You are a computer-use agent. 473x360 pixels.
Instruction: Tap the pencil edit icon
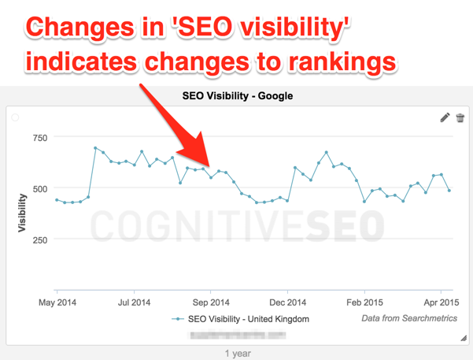pyautogui.click(x=445, y=117)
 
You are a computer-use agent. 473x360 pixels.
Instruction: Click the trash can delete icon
pyautogui.click(x=460, y=117)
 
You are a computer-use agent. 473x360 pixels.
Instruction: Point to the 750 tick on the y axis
pyautogui.click(x=39, y=138)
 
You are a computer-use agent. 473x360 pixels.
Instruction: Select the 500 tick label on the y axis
pyautogui.click(x=39, y=189)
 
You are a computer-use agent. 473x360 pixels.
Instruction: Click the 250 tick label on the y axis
pyautogui.click(x=39, y=240)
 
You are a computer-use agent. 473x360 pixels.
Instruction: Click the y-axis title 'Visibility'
pyautogui.click(x=22, y=213)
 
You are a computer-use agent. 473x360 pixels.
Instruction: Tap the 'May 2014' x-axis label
pyautogui.click(x=58, y=301)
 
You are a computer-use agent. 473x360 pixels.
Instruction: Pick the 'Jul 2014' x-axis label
pyautogui.click(x=134, y=301)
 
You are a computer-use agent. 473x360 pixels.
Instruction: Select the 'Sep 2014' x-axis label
pyautogui.click(x=211, y=301)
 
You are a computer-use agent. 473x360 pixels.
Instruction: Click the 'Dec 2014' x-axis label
pyautogui.click(x=287, y=301)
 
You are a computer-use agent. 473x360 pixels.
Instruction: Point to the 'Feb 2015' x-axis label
pyautogui.click(x=364, y=301)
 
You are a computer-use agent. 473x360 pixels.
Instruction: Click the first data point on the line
pyautogui.click(x=57, y=200)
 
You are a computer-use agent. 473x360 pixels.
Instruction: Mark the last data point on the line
pyautogui.click(x=449, y=191)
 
